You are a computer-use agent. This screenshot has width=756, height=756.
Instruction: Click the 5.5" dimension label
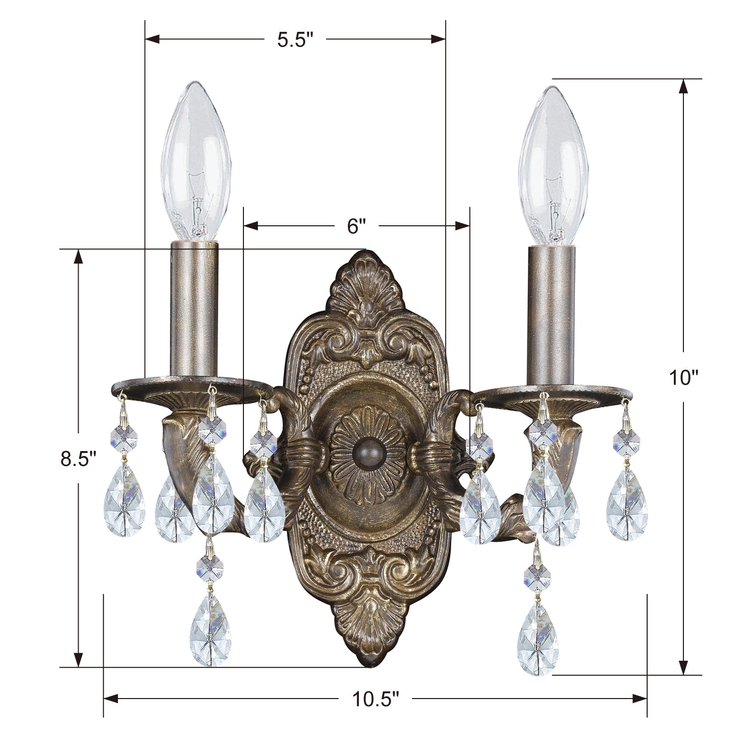tap(295, 40)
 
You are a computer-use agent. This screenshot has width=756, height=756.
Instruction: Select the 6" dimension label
tap(356, 226)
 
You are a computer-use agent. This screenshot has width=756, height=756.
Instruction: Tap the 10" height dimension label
tap(683, 376)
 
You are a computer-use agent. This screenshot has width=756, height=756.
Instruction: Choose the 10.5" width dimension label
tap(375, 699)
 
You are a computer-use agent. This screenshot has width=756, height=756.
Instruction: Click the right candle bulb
tap(553, 167)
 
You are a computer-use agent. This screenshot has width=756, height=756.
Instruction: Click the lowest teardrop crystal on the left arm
tap(211, 630)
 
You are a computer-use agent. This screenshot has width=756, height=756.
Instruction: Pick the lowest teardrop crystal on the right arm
tap(538, 638)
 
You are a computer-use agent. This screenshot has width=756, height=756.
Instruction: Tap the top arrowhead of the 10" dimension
tap(683, 87)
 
